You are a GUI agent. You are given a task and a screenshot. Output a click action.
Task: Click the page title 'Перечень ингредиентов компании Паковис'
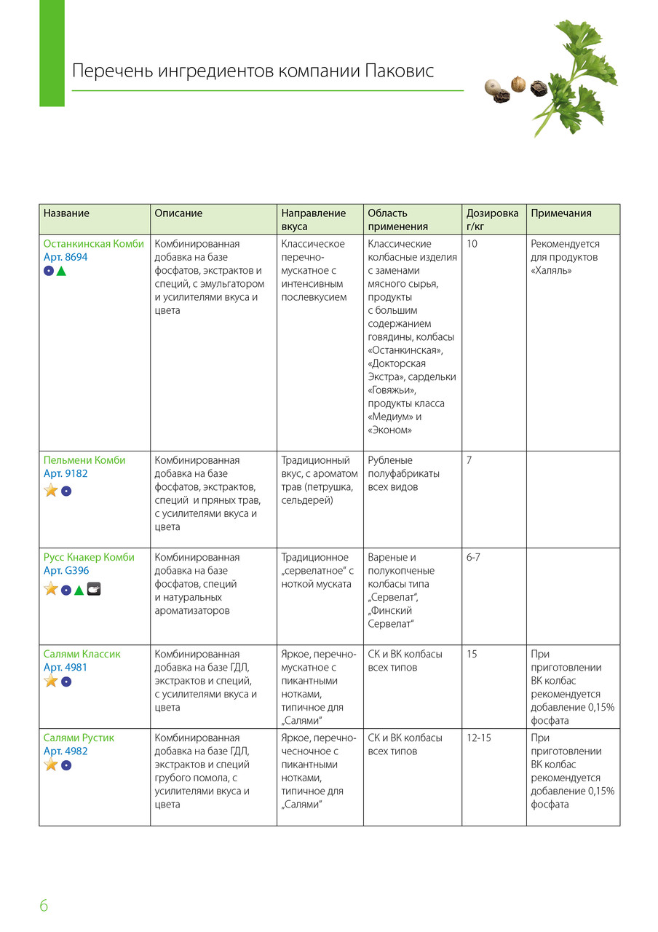253,71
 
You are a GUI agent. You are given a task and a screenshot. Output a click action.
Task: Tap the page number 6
44,906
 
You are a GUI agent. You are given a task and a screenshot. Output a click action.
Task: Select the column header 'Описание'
178,213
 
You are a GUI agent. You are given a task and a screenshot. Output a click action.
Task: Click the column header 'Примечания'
561,213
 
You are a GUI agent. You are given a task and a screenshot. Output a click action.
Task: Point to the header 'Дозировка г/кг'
493,219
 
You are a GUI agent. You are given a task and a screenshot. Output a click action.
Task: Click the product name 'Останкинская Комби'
94,244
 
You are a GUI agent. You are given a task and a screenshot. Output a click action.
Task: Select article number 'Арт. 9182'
66,473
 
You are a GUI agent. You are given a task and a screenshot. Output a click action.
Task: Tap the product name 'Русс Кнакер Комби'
89,557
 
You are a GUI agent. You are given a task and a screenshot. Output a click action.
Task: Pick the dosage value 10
472,244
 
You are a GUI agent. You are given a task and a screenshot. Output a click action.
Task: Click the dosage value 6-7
473,557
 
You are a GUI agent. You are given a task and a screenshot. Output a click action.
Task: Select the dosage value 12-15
479,738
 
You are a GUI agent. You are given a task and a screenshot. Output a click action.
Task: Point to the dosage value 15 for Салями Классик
472,654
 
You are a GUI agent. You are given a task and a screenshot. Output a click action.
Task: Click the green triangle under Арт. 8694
62,272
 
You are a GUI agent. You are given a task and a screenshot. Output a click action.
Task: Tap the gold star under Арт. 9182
51,491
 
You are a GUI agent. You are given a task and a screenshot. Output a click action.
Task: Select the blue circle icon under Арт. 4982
66,765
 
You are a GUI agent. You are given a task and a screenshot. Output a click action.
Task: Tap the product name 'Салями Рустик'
79,738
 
